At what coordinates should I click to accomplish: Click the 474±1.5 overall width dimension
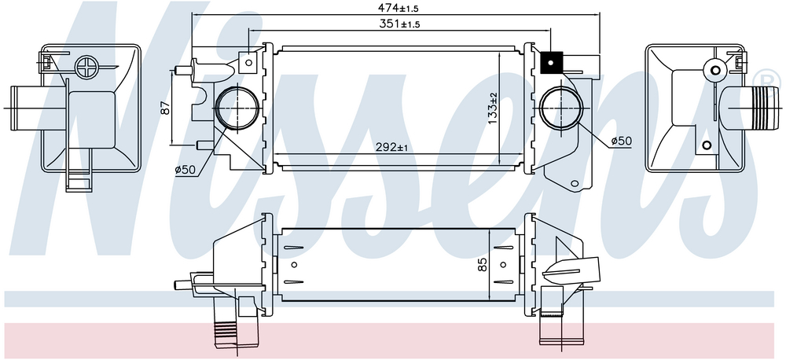[x=398, y=8]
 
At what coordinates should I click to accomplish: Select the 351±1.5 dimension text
[x=398, y=24]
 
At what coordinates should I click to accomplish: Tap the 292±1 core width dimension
[x=392, y=147]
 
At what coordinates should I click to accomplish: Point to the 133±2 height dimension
[x=493, y=108]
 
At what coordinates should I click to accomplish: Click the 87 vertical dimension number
[x=166, y=108]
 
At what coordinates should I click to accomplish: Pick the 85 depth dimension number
[x=483, y=264]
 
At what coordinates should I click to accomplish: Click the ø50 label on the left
[x=185, y=170]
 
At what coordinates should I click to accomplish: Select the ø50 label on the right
[x=621, y=141]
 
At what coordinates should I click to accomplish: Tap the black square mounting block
[x=552, y=63]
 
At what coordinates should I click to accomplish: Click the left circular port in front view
[x=237, y=108]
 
